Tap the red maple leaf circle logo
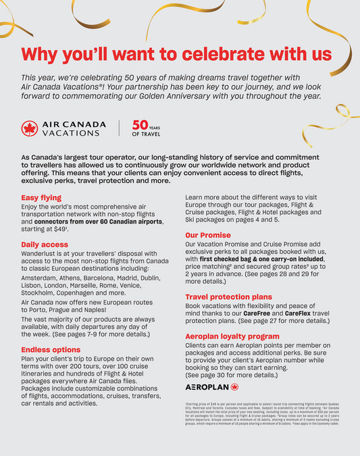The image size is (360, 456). [x=29, y=128]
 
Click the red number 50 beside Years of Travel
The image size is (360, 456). [x=140, y=125]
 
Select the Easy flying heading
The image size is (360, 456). [x=43, y=198]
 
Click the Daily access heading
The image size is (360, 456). [x=45, y=244]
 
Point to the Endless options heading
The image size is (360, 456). [x=51, y=349]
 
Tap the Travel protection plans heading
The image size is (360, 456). [x=229, y=297]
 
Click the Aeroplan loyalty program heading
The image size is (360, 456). [x=232, y=336]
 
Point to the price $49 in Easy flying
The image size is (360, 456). [x=68, y=229]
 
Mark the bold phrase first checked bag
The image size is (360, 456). [x=230, y=258]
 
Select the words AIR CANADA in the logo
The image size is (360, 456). [x=74, y=124]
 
